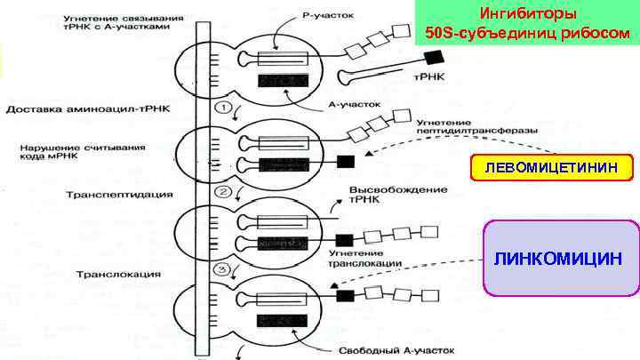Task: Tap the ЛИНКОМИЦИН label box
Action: pyautogui.click(x=560, y=258)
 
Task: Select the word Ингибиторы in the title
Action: pyautogui.click(x=527, y=15)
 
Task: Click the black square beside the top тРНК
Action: pyautogui.click(x=434, y=58)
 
